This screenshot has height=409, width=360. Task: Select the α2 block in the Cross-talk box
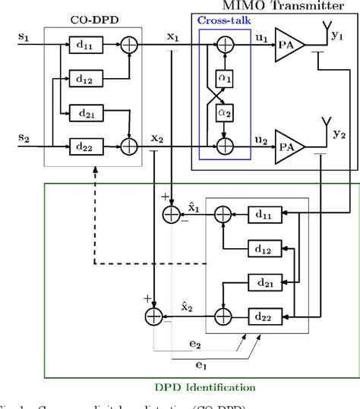(223, 112)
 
